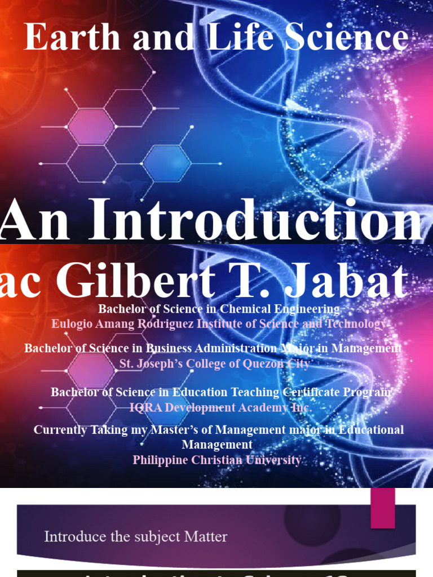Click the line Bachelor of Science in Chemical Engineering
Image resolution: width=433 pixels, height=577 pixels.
(219, 309)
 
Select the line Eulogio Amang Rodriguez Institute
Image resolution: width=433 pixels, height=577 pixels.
(219, 324)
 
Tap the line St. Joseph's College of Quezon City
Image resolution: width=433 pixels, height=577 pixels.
(214, 364)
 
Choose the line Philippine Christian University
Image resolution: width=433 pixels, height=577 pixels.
(216, 460)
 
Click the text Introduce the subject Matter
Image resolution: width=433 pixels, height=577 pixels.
(136, 536)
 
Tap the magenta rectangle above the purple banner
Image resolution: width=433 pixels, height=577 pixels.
(382, 508)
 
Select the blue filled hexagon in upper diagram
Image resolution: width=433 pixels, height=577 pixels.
(166, 163)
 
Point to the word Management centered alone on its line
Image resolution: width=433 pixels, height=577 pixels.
(216, 445)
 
